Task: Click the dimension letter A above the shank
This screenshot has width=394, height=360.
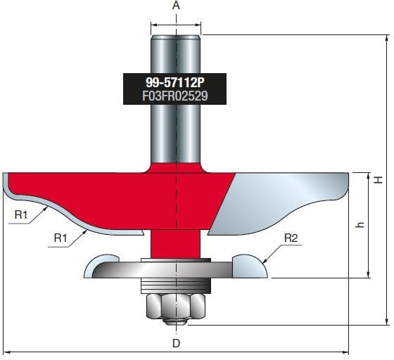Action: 176,6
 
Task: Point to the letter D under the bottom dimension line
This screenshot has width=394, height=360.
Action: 176,344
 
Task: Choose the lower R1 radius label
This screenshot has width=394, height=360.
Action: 62,238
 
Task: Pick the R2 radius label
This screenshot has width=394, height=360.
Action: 291,238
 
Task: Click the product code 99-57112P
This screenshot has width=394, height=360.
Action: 175,81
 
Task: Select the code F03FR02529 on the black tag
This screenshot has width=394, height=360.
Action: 175,95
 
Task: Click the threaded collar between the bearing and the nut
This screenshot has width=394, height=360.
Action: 176,285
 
